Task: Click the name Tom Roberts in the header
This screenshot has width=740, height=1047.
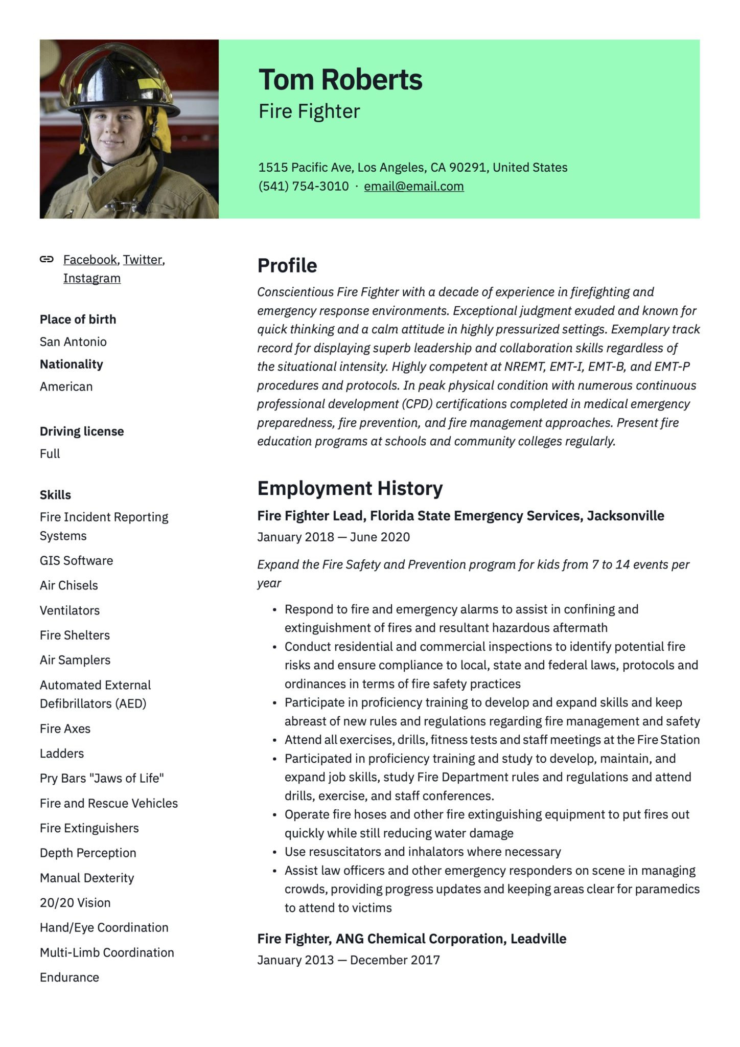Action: click(340, 80)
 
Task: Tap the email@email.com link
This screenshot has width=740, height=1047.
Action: click(413, 186)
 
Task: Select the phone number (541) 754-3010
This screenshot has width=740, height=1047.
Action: click(304, 186)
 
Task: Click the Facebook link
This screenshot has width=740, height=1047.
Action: click(90, 260)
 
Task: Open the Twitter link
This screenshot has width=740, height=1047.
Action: click(143, 260)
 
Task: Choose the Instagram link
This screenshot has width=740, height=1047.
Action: click(92, 278)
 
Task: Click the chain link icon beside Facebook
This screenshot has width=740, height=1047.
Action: click(47, 259)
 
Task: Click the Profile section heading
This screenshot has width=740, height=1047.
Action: click(287, 265)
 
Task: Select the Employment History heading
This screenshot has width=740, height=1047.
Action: click(350, 488)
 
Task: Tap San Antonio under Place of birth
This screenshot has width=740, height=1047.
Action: click(73, 342)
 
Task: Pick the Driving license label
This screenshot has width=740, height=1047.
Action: click(82, 431)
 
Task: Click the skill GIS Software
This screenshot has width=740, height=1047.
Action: click(76, 560)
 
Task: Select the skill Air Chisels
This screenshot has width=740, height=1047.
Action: click(68, 585)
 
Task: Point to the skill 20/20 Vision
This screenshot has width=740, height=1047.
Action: click(75, 903)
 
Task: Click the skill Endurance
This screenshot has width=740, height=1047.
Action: click(70, 977)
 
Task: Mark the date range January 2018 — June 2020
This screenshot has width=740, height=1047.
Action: click(333, 537)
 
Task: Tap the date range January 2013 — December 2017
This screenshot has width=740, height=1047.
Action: click(348, 960)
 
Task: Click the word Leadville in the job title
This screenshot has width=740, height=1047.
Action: click(538, 939)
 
